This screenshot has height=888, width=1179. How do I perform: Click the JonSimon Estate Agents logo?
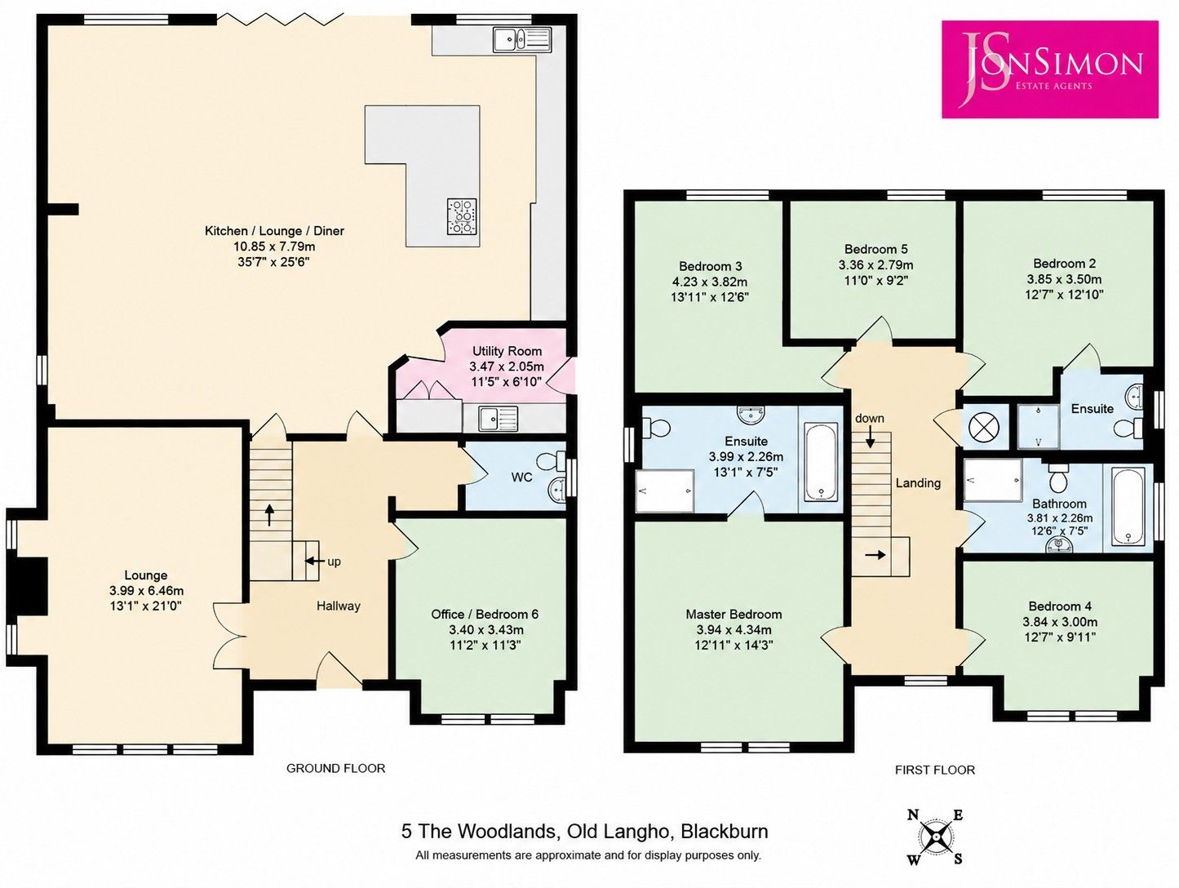point(1049,69)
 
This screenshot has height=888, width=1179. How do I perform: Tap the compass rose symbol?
point(936,837)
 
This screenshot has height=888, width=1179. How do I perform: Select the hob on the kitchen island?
point(462,216)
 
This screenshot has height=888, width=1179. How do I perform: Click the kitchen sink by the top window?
point(521,39)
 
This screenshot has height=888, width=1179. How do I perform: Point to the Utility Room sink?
point(499,419)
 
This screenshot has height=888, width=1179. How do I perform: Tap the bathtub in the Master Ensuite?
point(820,461)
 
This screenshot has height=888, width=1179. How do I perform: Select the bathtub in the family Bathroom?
point(1129,506)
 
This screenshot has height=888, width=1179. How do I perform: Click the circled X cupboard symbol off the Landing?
point(983,428)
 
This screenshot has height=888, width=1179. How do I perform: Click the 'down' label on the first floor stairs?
point(870,418)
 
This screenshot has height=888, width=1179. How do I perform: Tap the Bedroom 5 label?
point(876,249)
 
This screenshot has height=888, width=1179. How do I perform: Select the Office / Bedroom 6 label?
point(485,614)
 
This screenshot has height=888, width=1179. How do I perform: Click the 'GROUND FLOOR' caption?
point(335,768)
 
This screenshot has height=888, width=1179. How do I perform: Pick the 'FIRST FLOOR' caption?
point(934,770)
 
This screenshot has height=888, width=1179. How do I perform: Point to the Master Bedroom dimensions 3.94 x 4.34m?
point(734,629)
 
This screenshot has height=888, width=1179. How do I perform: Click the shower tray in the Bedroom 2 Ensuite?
point(1039,427)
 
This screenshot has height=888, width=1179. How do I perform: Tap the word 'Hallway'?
point(338,606)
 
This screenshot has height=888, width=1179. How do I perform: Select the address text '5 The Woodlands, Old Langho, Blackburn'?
point(584,831)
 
